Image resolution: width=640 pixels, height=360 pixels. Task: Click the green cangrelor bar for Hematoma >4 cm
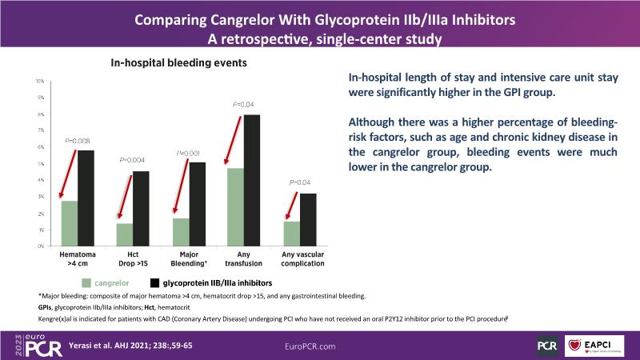click(70, 223)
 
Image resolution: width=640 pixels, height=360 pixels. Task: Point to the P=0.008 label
click(78, 141)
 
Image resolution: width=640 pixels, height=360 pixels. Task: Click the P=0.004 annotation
click(133, 161)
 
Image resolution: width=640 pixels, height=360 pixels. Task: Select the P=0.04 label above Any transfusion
click(242, 105)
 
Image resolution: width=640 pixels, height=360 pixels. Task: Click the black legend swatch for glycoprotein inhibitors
click(154, 282)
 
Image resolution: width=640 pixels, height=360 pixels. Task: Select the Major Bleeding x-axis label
click(185, 258)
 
